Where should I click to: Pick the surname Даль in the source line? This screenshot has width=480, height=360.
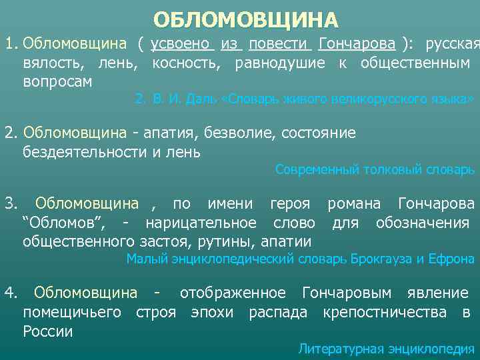click(x=200, y=99)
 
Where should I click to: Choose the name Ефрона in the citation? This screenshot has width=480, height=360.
click(x=453, y=259)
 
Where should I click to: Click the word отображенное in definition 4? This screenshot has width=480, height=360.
click(x=233, y=293)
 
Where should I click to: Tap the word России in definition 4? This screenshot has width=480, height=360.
click(x=47, y=331)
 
